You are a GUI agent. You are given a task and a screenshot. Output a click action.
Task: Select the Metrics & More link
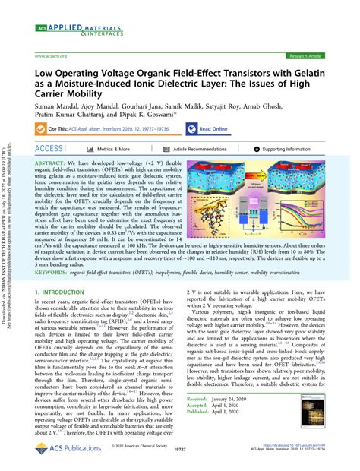(108, 150)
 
